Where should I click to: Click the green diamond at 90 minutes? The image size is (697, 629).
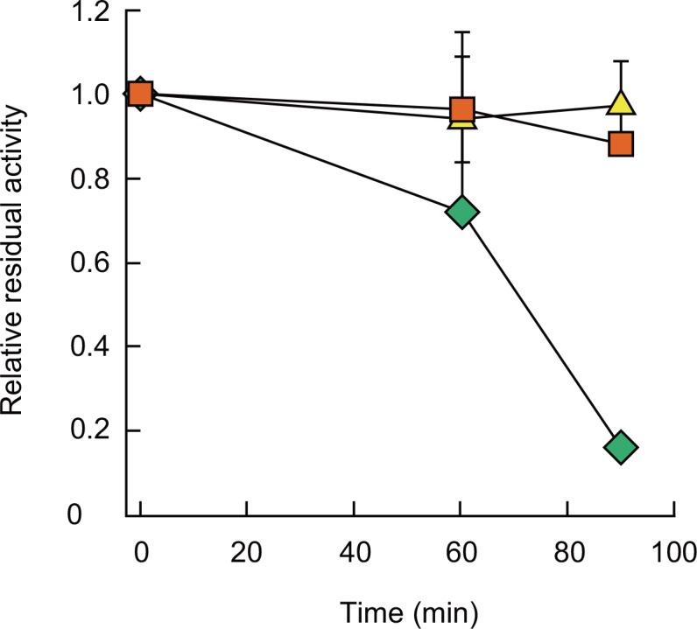tap(620, 448)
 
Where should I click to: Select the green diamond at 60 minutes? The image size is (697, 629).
tap(461, 213)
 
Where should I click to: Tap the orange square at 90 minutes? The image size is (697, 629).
tap(620, 143)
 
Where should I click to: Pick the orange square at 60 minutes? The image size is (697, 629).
tap(461, 109)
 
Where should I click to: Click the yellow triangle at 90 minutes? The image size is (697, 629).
tap(620, 103)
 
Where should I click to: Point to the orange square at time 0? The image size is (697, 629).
tap(141, 94)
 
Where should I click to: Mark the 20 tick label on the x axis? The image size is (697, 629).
tap(247, 552)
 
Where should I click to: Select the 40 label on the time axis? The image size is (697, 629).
tap(354, 552)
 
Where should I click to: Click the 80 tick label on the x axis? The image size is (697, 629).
tap(567, 552)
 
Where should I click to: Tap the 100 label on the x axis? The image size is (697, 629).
tap(673, 552)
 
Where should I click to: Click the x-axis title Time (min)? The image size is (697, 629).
tap(408, 610)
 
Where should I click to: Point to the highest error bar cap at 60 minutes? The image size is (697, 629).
tap(461, 31)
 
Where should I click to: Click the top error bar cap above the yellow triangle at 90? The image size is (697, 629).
tap(620, 61)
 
